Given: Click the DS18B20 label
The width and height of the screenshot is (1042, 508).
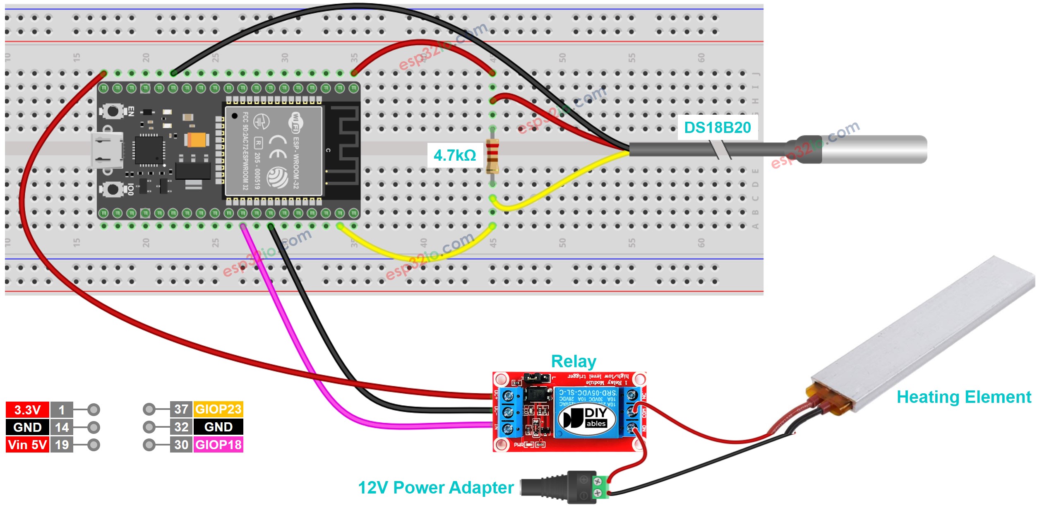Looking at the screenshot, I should click(x=717, y=128).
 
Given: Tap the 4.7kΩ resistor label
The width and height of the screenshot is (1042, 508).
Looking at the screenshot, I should click(x=454, y=155).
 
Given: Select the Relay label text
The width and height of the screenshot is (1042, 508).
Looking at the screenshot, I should click(x=573, y=361).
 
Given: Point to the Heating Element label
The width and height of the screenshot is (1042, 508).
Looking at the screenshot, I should click(x=963, y=397).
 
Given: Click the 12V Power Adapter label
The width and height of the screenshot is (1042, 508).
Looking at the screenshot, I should click(x=436, y=487).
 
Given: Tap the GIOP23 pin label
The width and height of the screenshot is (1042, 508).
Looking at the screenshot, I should click(x=218, y=409).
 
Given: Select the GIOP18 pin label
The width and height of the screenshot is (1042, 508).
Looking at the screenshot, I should click(x=218, y=445).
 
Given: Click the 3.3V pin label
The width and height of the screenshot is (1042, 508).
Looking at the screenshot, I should click(x=27, y=409).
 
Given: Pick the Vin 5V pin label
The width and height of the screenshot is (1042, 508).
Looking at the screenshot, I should click(x=27, y=445).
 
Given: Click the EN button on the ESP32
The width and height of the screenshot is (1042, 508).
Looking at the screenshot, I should click(x=112, y=111).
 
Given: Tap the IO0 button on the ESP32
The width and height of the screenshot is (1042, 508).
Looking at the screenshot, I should click(x=112, y=189).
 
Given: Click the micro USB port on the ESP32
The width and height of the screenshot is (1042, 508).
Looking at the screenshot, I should click(x=107, y=150).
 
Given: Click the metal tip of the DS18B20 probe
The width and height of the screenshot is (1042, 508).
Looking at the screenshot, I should click(x=873, y=149).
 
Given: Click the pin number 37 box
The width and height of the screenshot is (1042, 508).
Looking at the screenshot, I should click(x=181, y=409).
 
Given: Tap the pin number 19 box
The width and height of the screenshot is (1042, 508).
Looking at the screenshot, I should click(x=62, y=445).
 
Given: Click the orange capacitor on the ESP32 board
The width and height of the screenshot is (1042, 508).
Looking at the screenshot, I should click(x=196, y=140).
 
